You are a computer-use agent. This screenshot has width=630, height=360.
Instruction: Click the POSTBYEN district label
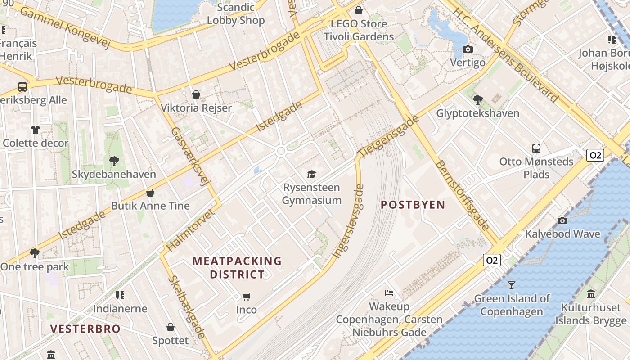[413, 205]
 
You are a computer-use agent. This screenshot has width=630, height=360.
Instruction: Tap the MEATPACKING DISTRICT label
[237, 267]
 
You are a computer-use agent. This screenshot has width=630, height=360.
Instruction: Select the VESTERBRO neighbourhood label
[85, 328]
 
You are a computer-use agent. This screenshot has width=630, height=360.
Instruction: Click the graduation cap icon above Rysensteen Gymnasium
[311, 174]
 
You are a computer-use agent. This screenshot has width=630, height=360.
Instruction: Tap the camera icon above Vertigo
[468, 49]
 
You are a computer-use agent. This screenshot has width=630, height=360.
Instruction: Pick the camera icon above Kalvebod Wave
[562, 220]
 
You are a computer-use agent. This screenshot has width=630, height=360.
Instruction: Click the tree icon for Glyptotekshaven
[477, 99]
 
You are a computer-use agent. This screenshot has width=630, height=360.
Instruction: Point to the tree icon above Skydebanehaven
[114, 161]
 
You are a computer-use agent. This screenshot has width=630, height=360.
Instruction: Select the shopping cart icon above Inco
[246, 297]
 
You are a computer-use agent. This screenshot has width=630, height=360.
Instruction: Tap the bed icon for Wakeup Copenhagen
[389, 293]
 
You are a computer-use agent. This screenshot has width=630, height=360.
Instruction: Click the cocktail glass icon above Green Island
[512, 285]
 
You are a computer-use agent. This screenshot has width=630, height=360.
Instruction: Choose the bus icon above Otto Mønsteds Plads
[536, 148]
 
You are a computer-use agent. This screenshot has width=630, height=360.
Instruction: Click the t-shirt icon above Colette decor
[36, 130]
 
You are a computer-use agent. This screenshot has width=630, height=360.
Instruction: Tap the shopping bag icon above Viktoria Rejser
[196, 94]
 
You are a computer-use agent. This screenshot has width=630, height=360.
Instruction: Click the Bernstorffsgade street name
[462, 195]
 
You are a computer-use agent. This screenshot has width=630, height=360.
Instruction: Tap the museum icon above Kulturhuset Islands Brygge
[591, 294]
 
